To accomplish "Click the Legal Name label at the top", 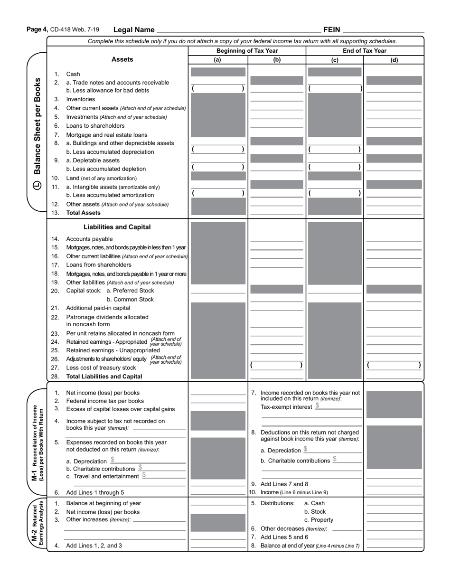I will click(134, 30).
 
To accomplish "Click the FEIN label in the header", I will click(332, 30).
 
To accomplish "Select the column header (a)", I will click(217, 60).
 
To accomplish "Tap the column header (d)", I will click(394, 60).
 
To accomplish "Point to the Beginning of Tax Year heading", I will click(247, 51).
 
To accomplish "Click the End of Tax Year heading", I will click(364, 51).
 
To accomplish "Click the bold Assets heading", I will click(122, 59).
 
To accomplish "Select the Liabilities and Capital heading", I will click(117, 227).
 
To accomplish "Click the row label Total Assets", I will click(83, 213).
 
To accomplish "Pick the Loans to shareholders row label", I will click(95, 126).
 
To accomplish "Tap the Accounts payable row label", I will click(89, 239).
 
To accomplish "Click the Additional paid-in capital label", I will click(98, 308).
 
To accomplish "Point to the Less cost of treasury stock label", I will click(101, 367).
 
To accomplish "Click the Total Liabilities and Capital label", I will click(104, 377).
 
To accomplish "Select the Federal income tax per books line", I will click(104, 401).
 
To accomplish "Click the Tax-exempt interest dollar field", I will click(339, 406).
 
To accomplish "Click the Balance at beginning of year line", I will click(103, 503).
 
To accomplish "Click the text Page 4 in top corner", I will click(37, 29).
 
